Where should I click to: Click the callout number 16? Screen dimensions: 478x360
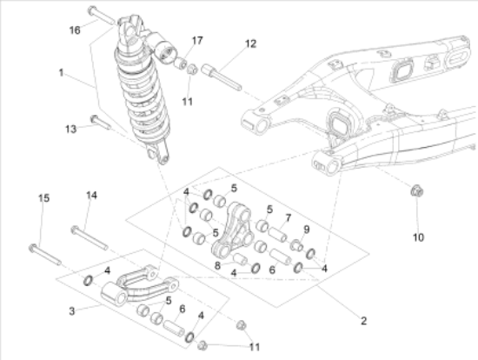pos(75,30)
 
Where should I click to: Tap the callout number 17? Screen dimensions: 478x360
pos(197,40)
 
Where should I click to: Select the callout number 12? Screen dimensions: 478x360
pos(250,43)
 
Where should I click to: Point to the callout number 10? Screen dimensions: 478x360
pos(418,237)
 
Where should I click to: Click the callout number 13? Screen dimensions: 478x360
pos(70,129)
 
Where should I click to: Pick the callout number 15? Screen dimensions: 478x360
pos(43,198)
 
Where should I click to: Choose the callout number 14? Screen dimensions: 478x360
pos(91,196)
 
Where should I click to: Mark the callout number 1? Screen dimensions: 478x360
pos(62,73)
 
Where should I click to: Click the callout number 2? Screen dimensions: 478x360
pos(363,321)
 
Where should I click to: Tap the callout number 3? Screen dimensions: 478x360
pos(71,311)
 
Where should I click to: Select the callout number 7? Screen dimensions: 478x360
pos(288,218)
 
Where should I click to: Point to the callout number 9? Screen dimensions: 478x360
pos(307,229)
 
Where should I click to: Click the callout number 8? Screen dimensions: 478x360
pos(217,265)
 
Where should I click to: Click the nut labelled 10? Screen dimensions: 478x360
pos(416,191)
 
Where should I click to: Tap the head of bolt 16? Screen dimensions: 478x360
pos(92,11)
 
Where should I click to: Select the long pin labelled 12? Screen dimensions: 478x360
pos(222,77)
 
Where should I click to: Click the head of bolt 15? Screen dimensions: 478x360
pos(33,248)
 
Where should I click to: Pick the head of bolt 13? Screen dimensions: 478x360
pos(94,119)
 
